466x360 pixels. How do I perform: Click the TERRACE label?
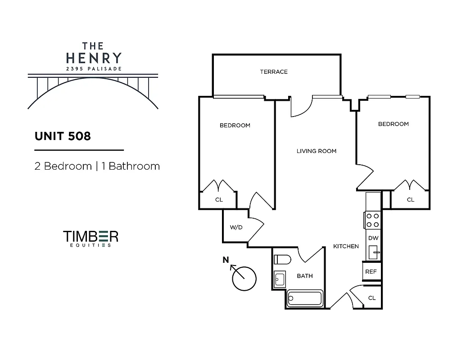click(x=273, y=72)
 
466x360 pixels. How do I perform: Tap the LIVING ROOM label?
click(x=316, y=151)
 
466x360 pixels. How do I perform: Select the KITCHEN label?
click(x=346, y=246)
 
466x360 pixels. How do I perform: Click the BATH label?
click(x=304, y=276)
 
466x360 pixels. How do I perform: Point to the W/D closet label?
click(x=236, y=227)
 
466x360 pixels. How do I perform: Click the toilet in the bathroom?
click(x=282, y=260)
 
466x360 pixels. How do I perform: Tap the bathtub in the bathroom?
click(x=305, y=298)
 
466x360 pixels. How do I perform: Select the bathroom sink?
click(x=279, y=279)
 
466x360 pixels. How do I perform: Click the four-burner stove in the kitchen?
click(x=372, y=220)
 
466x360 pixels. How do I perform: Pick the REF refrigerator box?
click(x=371, y=272)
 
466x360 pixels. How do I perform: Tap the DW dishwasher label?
click(x=372, y=238)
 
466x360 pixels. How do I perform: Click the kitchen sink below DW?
click(x=373, y=252)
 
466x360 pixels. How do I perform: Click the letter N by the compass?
click(x=226, y=260)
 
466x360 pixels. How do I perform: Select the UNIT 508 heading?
click(x=63, y=136)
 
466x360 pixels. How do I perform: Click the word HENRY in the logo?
click(x=93, y=58)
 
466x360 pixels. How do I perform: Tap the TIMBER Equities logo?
click(x=90, y=238)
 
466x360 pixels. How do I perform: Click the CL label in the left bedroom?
click(x=219, y=200)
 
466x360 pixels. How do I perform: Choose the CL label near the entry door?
click(x=372, y=298)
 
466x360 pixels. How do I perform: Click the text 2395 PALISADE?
click(x=93, y=69)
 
